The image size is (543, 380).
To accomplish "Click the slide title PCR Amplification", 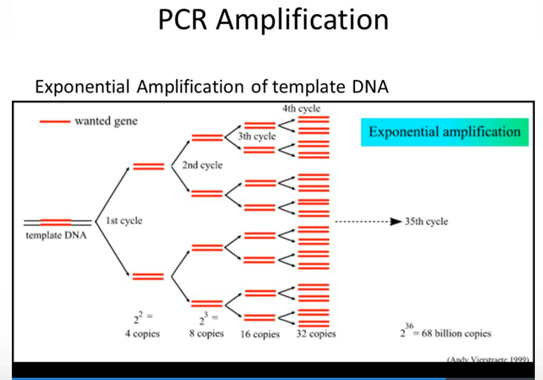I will coord(273,20).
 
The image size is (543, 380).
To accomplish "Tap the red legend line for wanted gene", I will coord(54,121).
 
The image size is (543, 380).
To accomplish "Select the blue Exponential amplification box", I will coord(444,132).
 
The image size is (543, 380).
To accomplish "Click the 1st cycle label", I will coord(124,220).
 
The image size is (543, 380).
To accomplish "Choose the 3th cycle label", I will coord(256,137).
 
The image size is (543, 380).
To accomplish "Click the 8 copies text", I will coord(206,334).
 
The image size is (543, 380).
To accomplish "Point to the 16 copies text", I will coord(260,334).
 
